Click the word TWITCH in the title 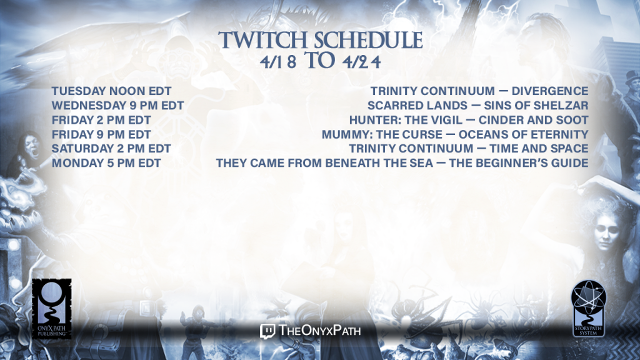pyautogui.click(x=264, y=41)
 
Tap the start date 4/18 pyautogui.click(x=278, y=62)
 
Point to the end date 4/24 pyautogui.click(x=362, y=62)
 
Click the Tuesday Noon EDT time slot pyautogui.click(x=111, y=91)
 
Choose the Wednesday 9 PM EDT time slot pyautogui.click(x=117, y=105)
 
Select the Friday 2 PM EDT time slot pyautogui.click(x=101, y=120)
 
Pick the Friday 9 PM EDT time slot pyautogui.click(x=101, y=134)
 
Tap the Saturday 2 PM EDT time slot pyautogui.click(x=111, y=149)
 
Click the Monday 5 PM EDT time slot pyautogui.click(x=106, y=163)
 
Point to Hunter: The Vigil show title pyautogui.click(x=406, y=120)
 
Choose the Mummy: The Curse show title pyautogui.click(x=382, y=134)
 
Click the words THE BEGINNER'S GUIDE pyautogui.click(x=519, y=163)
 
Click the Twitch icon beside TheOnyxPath pyautogui.click(x=267, y=331)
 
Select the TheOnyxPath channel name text pyautogui.click(x=320, y=330)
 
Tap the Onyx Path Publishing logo pyautogui.click(x=52, y=309)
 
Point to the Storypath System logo pyautogui.click(x=588, y=309)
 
